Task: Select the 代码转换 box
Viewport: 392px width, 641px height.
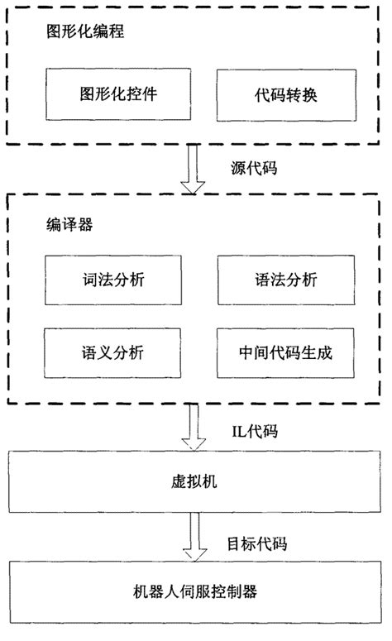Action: pyautogui.click(x=284, y=95)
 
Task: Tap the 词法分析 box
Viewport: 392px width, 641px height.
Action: pyautogui.click(x=112, y=281)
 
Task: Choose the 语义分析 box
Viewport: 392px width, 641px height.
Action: pyautogui.click(x=112, y=353)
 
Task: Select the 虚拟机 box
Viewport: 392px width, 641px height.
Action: pyautogui.click(x=196, y=481)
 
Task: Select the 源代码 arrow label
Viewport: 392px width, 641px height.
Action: pyautogui.click(x=254, y=168)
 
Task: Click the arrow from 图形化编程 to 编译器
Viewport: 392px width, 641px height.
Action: pyautogui.click(x=196, y=170)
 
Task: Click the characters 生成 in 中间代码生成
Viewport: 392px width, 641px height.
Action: pyautogui.click(x=318, y=353)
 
